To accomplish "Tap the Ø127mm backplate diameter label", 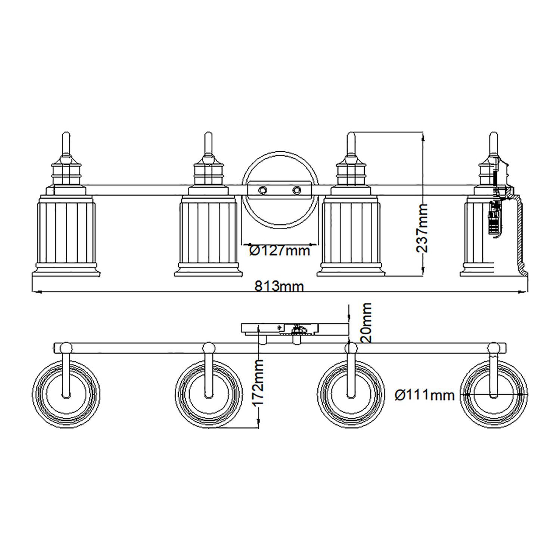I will (x=280, y=251).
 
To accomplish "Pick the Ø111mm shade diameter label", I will (x=424, y=395).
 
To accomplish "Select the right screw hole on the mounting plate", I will (x=297, y=190).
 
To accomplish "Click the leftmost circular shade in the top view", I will (x=66, y=396).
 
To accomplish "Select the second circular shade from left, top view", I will (x=208, y=396).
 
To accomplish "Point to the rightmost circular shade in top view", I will (x=494, y=396).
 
